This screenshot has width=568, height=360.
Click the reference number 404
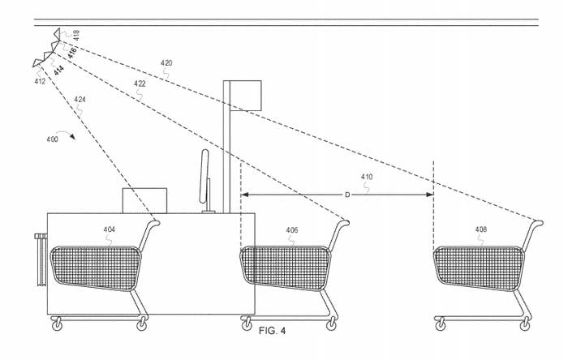[109, 229]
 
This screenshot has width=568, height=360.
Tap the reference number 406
[292, 230]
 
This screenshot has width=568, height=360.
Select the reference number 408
[481, 229]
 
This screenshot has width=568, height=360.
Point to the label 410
[367, 177]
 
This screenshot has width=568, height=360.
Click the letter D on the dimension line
[347, 195]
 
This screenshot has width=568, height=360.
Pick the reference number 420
[166, 63]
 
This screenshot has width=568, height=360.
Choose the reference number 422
[140, 84]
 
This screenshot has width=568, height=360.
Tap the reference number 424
[80, 100]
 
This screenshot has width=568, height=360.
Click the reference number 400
[52, 139]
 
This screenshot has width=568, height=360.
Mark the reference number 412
[40, 81]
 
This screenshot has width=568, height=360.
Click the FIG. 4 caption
[272, 331]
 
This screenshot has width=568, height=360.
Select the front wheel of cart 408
[441, 324]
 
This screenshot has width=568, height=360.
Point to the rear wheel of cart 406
[331, 324]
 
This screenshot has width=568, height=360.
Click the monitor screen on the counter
[204, 176]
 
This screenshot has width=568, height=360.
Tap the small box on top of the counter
[145, 201]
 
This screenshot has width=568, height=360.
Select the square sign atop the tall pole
[246, 96]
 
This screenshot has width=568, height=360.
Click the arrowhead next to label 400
[72, 136]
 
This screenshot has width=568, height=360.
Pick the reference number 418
[76, 35]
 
